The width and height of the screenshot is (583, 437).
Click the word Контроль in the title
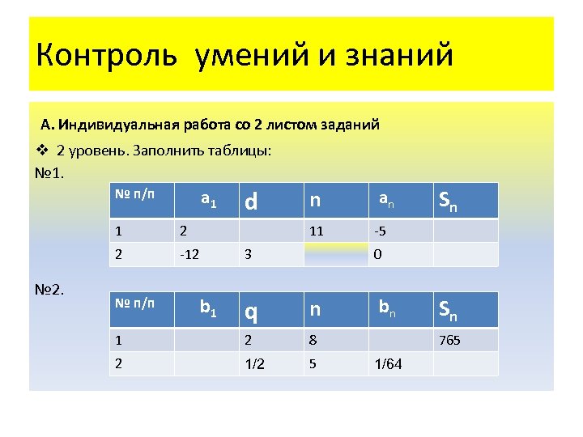pos(105,57)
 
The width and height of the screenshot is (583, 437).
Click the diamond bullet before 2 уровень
pos(45,151)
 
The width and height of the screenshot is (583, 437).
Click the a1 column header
pos(208,199)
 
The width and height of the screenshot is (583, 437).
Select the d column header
pos(251,201)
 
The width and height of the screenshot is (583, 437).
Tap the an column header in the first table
pos(387,198)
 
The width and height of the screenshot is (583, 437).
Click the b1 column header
pos(208,308)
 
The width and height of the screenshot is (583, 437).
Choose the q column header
pos(252,311)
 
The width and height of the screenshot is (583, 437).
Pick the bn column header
pos(387,308)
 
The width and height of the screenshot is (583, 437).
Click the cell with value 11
pos(316,231)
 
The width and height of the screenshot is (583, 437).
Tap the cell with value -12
pos(190,254)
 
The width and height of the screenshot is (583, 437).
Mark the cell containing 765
pos(449,340)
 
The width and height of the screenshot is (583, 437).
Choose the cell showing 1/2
pos(254,363)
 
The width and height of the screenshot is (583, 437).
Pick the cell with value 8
pos(313,340)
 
